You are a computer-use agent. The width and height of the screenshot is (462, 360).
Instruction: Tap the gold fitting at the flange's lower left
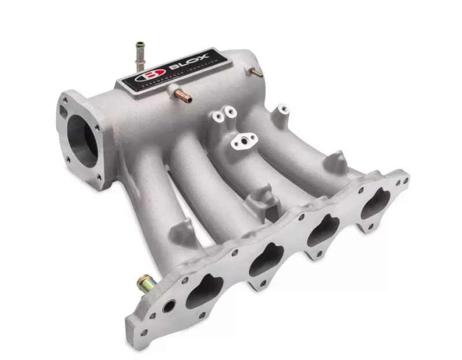(143, 283)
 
